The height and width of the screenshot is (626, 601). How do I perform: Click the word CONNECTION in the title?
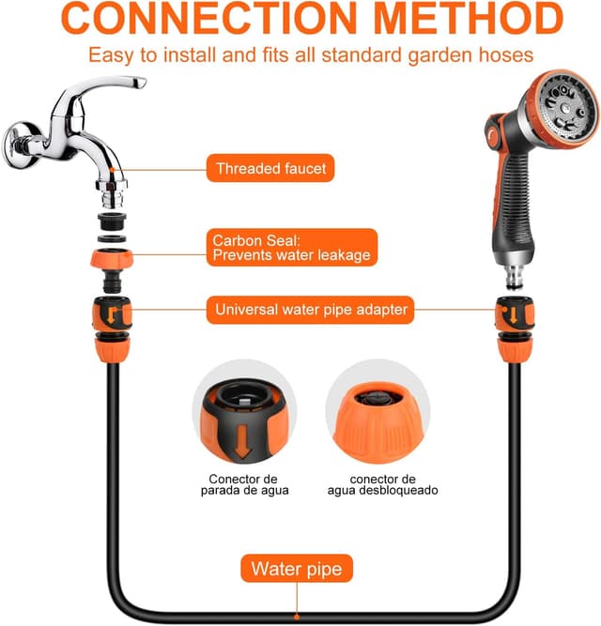tap(208, 19)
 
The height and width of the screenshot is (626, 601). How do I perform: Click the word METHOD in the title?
tap(468, 19)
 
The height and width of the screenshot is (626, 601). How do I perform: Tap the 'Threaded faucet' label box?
tap(270, 168)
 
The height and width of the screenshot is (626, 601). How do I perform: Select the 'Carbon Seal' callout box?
tap(292, 248)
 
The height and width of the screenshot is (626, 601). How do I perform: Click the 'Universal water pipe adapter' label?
tap(310, 310)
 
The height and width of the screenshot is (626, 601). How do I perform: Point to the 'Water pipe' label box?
tap(297, 569)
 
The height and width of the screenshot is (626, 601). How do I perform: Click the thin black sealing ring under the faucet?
tap(112, 239)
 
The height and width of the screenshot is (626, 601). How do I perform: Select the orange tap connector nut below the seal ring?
tap(112, 258)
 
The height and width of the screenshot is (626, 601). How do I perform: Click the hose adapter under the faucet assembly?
tap(113, 329)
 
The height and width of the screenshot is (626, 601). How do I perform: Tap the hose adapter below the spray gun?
tap(515, 329)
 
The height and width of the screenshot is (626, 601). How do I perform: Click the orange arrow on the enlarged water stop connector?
tap(243, 441)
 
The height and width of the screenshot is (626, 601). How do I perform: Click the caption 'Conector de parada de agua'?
tap(244, 484)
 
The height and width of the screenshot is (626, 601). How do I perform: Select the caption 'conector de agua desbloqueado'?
tap(382, 484)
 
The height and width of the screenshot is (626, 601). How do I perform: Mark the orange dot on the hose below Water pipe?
tap(297, 618)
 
